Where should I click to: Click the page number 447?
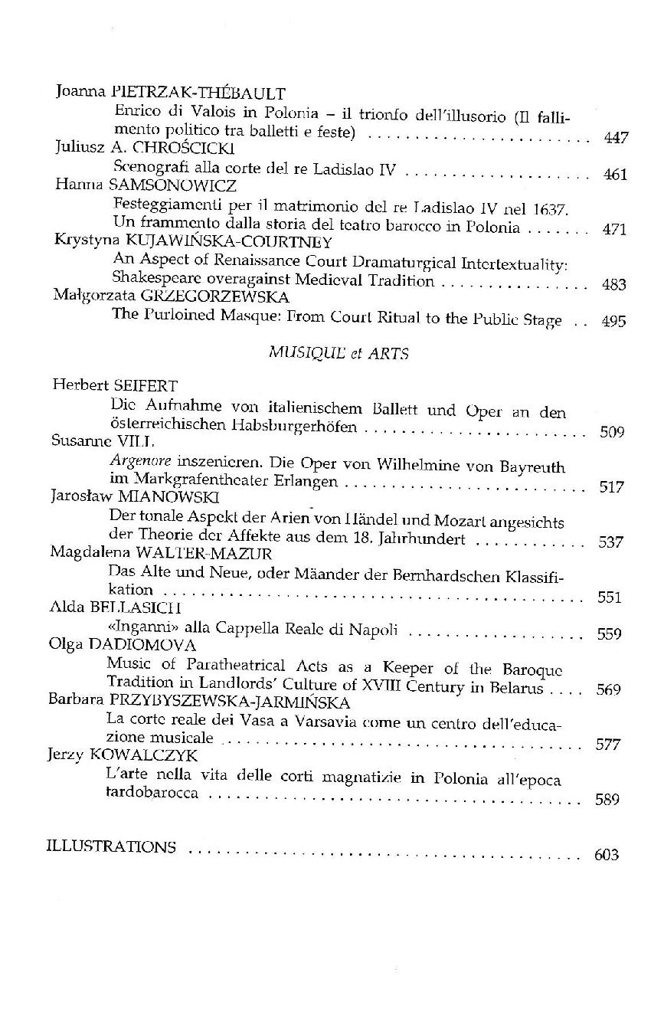[616, 138]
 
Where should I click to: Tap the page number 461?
[615, 175]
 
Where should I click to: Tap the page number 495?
[614, 321]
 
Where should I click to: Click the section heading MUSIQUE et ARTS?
[338, 353]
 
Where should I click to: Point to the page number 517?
[611, 487]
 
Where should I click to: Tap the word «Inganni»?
[138, 629]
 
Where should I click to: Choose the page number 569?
[608, 689]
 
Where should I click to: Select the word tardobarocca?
[153, 793]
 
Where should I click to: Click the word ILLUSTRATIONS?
[111, 847]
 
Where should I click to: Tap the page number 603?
[606, 855]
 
